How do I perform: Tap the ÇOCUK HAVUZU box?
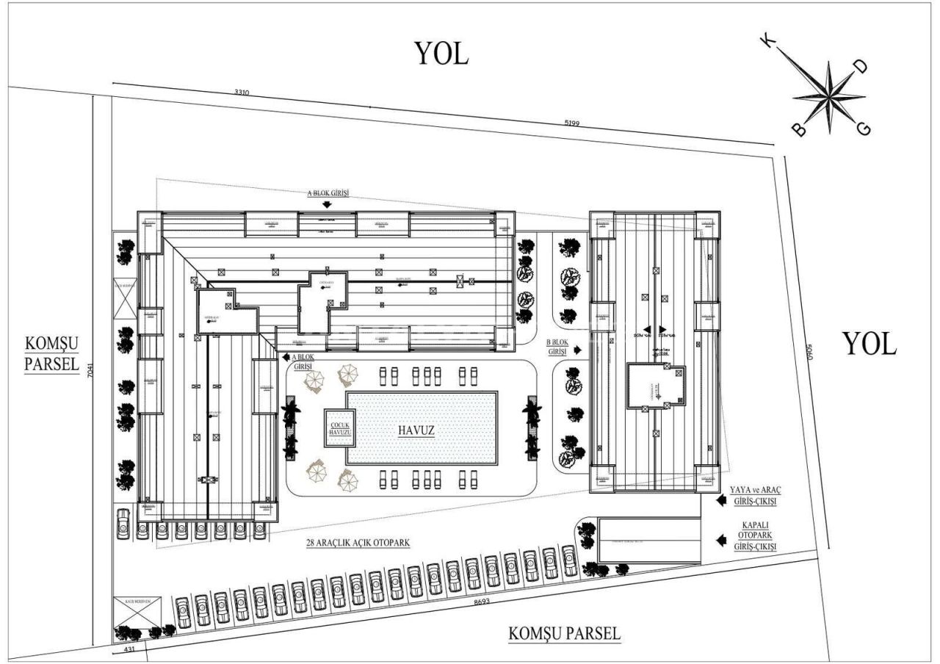339,428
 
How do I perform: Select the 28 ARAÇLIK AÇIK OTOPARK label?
358,543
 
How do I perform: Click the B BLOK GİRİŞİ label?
558,347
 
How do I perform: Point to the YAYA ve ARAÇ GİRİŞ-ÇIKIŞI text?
753,496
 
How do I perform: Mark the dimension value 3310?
242,93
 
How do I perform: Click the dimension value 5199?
572,123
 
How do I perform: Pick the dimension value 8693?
482,602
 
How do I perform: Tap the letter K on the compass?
770,43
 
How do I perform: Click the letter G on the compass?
864,129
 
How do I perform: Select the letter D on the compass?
861,67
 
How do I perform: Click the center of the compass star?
829,97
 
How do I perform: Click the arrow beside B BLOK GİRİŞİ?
578,350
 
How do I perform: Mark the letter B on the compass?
798,130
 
